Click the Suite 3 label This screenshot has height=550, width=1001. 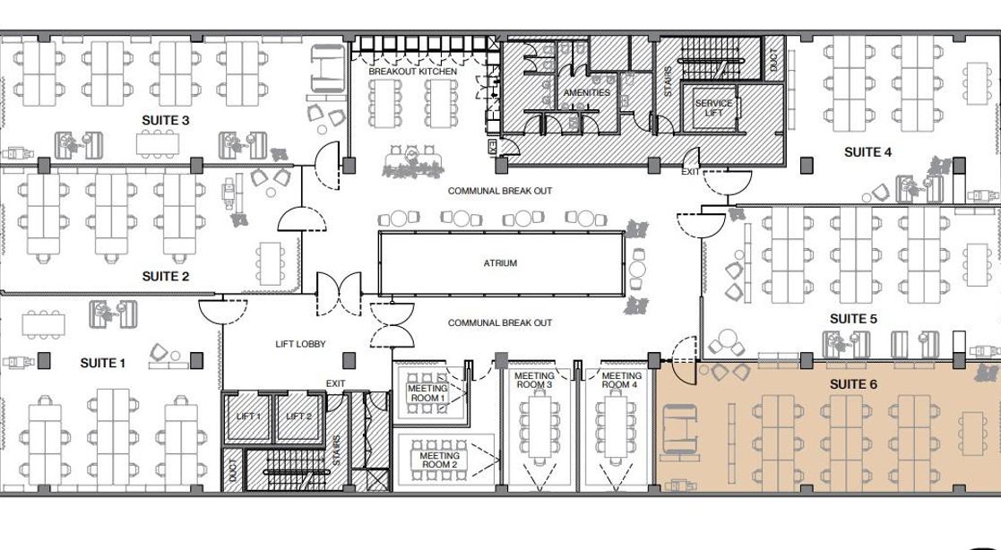pyautogui.click(x=166, y=121)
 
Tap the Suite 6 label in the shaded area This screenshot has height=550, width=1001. pyautogui.click(x=853, y=384)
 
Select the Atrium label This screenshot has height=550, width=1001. pyautogui.click(x=500, y=262)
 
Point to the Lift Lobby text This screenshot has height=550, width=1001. pyautogui.click(x=301, y=344)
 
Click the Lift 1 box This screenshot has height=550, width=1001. pyautogui.click(x=248, y=417)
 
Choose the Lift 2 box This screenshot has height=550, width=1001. pyautogui.click(x=298, y=417)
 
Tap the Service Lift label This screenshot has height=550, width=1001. pyautogui.click(x=713, y=107)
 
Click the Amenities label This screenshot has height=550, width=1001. pyautogui.click(x=587, y=92)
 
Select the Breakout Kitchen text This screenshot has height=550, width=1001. pyautogui.click(x=412, y=72)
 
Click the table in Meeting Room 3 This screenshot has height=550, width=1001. pyautogui.click(x=539, y=425)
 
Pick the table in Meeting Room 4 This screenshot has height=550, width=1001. pyautogui.click(x=616, y=425)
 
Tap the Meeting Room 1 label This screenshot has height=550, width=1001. pyautogui.click(x=427, y=393)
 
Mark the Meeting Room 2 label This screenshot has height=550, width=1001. pyautogui.click(x=439, y=460)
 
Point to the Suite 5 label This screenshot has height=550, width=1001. pyautogui.click(x=853, y=318)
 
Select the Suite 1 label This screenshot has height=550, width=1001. pyautogui.click(x=103, y=363)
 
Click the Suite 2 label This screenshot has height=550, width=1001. pyautogui.click(x=166, y=276)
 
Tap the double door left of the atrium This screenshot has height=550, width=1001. pyautogui.click(x=339, y=294)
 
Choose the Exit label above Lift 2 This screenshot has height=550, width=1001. pyautogui.click(x=336, y=383)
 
